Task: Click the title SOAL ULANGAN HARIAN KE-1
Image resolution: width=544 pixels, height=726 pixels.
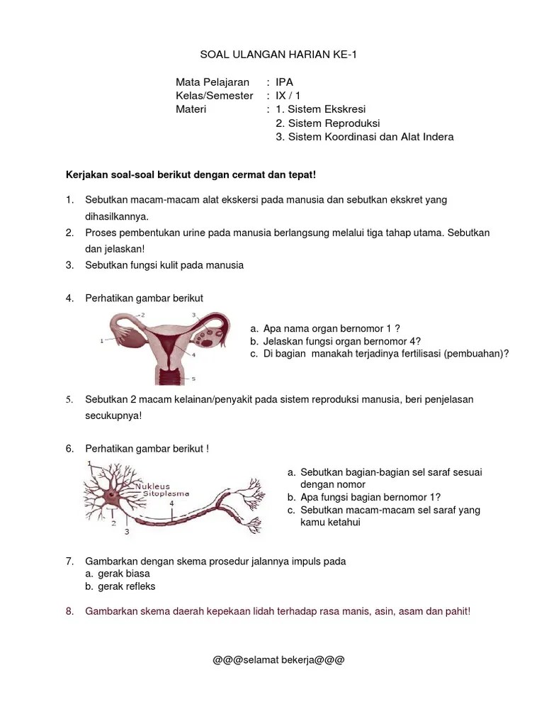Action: point(271,55)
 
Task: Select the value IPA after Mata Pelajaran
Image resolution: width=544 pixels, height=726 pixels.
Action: point(284,82)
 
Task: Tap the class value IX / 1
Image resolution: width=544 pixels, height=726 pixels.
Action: point(288,96)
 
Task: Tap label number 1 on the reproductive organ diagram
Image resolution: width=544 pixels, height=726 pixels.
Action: point(103,341)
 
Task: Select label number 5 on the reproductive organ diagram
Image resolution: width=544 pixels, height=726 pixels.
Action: point(193,379)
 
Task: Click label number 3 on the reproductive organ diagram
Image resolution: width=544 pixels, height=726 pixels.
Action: point(193,313)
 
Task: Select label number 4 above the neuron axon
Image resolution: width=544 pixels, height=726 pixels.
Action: point(172,503)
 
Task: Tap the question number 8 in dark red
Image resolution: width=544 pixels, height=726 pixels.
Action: point(69,610)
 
